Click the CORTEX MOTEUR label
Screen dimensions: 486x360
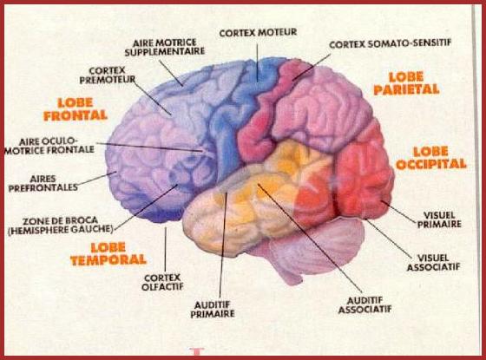(x=258, y=33)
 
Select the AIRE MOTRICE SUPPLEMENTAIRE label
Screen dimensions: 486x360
(x=165, y=47)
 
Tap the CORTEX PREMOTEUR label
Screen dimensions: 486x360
(x=108, y=75)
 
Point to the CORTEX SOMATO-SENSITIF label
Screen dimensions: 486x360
(x=390, y=44)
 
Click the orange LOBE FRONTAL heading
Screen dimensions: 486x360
(x=76, y=109)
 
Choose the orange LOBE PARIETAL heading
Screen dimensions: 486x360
(x=406, y=83)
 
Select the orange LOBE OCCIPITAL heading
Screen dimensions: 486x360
(x=431, y=158)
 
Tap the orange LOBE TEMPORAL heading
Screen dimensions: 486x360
(x=108, y=254)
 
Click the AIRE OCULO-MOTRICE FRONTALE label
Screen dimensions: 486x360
(x=49, y=146)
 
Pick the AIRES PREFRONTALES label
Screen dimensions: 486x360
(x=43, y=183)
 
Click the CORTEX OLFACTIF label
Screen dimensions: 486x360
(x=162, y=282)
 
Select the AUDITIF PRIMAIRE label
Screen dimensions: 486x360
(x=213, y=310)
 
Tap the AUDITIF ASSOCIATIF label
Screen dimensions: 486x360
(x=364, y=305)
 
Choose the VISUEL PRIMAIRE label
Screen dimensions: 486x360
(x=439, y=219)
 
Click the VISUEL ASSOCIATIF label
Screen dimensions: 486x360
(x=433, y=262)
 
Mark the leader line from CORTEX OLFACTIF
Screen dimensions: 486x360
(x=165, y=249)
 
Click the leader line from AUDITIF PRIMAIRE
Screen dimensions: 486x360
(x=223, y=245)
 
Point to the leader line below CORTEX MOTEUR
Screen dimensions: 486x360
(x=257, y=62)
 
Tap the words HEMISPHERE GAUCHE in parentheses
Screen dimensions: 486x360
(x=61, y=230)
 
